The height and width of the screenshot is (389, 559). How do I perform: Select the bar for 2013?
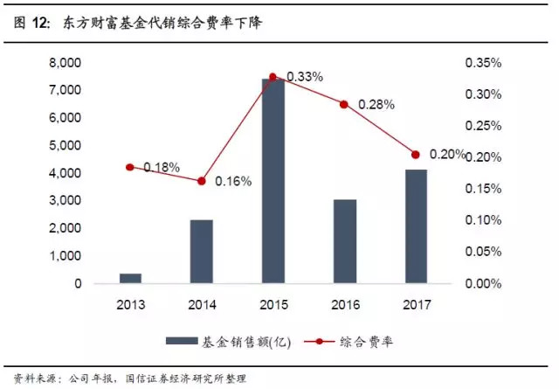pyautogui.click(x=130, y=278)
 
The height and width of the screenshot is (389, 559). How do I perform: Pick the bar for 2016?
pyautogui.click(x=345, y=241)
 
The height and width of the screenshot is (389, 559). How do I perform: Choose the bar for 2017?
pyautogui.click(x=416, y=226)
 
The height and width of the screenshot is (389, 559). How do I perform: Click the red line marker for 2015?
pyautogui.click(x=273, y=77)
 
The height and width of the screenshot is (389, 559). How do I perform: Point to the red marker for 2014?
pyautogui.click(x=202, y=181)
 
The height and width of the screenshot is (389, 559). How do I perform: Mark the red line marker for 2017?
pyautogui.click(x=416, y=155)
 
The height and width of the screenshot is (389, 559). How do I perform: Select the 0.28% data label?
pyautogui.click(x=376, y=104)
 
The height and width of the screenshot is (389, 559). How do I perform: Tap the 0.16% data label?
pyautogui.click(x=233, y=182)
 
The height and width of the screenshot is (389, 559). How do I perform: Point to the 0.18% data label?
pyautogui.click(x=162, y=167)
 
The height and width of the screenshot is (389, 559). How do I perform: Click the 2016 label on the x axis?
pyautogui.click(x=345, y=305)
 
